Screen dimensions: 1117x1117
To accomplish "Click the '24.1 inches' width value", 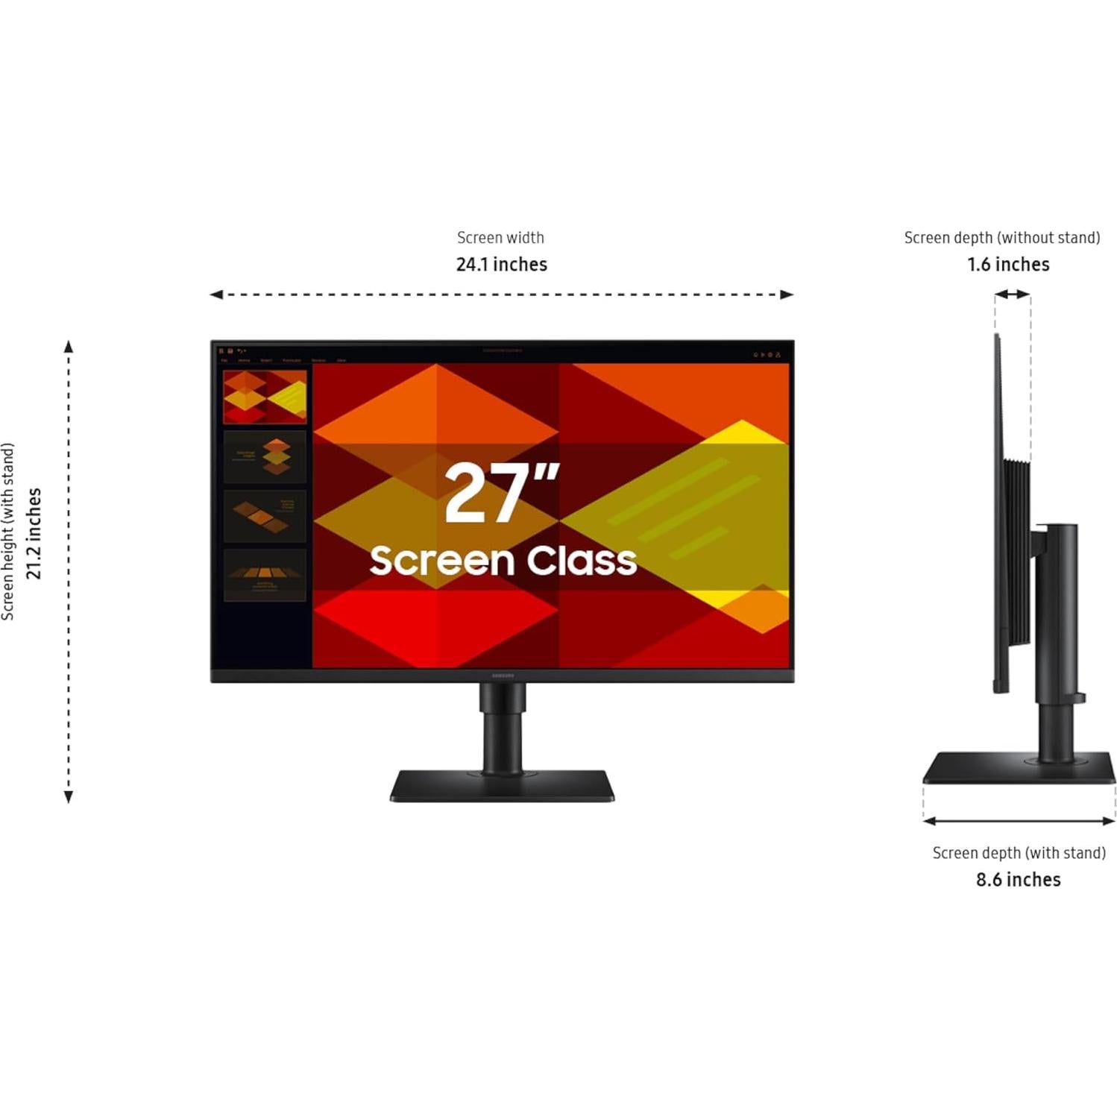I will click(x=501, y=265).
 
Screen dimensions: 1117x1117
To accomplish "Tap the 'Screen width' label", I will click(x=500, y=238).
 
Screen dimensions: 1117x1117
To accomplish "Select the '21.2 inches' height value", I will click(x=34, y=533).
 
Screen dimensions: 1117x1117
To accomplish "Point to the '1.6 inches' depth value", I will click(x=1008, y=265).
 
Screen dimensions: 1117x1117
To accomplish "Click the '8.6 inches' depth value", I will click(x=1018, y=880).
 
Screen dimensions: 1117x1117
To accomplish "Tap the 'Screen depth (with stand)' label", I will click(x=1019, y=853).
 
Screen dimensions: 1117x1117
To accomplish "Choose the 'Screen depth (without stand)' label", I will click(x=1001, y=238).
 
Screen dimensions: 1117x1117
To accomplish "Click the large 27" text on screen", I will click(x=502, y=493).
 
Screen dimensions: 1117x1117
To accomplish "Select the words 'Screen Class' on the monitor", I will click(x=503, y=561).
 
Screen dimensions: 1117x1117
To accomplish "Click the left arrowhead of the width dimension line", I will click(x=216, y=295).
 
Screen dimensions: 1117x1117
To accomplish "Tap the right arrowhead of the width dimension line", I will click(x=787, y=295).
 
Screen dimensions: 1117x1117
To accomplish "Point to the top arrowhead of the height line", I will click(x=69, y=347).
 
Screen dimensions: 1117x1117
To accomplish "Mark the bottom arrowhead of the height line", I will click(x=69, y=797).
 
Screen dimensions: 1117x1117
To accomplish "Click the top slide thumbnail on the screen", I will click(x=265, y=397).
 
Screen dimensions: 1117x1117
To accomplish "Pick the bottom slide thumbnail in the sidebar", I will click(x=265, y=575).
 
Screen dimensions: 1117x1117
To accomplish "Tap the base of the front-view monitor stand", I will click(x=502, y=786).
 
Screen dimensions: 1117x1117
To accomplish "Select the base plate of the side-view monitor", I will click(x=1019, y=769).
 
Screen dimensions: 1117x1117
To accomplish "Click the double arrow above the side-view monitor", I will click(x=1013, y=295).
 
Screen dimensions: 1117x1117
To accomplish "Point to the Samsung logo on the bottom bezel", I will click(x=503, y=676).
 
